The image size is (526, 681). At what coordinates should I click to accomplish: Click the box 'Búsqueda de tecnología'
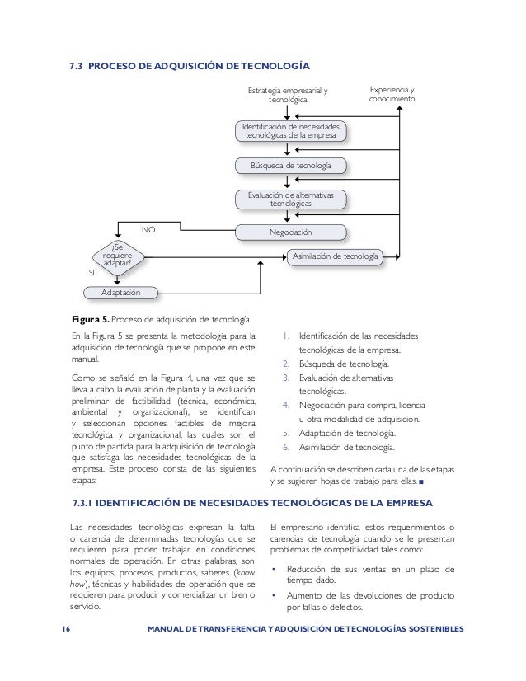tap(292, 166)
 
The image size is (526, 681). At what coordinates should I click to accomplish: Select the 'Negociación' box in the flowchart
tap(291, 232)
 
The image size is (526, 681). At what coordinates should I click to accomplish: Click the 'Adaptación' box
tap(120, 293)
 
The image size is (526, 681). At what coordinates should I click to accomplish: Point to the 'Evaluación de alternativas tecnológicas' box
tap(291, 199)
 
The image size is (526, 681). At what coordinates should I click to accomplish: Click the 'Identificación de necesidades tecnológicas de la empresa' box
tap(291, 131)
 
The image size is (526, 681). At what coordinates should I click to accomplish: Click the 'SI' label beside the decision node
tap(92, 271)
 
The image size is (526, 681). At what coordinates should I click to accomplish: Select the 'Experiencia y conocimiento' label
tap(392, 94)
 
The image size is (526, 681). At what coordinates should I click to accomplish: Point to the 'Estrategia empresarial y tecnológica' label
tap(287, 94)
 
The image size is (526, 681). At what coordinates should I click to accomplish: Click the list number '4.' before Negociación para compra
tap(286, 406)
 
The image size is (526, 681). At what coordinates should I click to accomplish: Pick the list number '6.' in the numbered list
tap(286, 448)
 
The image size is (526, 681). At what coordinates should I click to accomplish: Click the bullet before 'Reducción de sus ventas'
tap(273, 568)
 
